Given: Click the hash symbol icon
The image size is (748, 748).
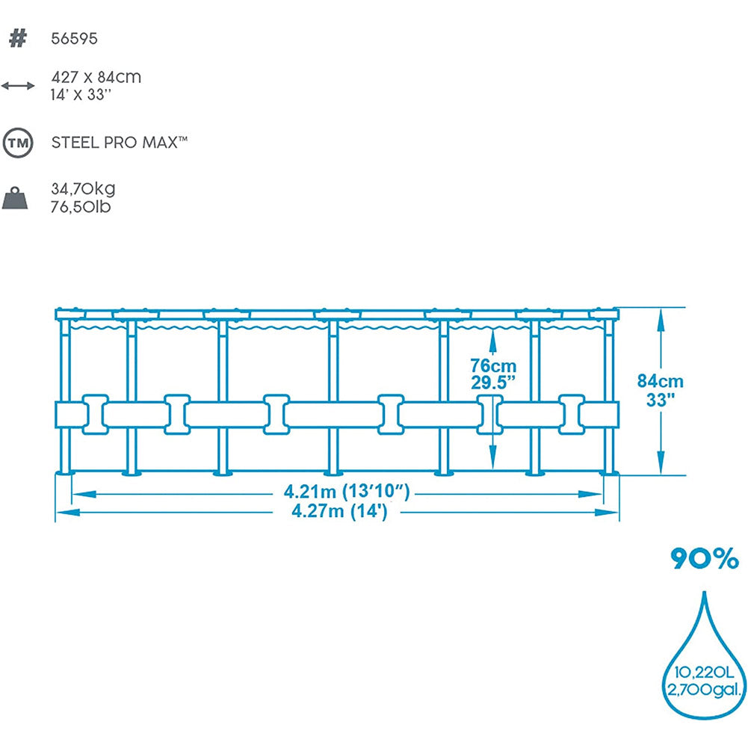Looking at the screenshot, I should (17, 38).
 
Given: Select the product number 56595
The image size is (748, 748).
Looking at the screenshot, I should (74, 39).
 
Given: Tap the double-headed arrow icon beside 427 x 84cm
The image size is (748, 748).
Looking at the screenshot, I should (18, 86).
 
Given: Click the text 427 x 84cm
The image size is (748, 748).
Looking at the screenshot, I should (96, 77).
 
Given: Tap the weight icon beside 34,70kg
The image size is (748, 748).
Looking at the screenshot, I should (17, 198).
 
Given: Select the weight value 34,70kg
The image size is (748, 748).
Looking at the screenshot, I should (83, 189).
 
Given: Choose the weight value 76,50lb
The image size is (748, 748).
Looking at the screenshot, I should (81, 207).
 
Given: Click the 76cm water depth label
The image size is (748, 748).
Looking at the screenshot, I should (493, 366).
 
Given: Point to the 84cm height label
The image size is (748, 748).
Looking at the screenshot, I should (660, 382).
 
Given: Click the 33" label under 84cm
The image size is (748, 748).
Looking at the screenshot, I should (660, 399).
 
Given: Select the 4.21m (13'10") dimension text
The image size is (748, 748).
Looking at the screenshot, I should (347, 492).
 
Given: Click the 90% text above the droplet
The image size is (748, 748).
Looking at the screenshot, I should (704, 558).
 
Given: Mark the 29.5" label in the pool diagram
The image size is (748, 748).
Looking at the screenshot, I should (493, 383).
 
